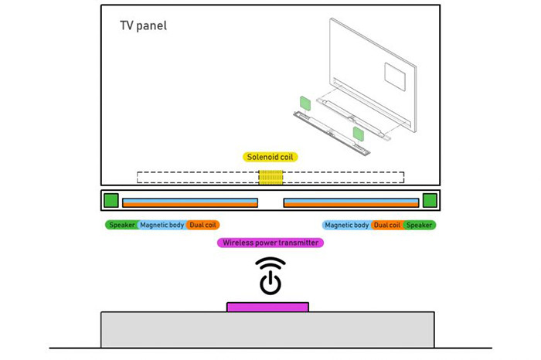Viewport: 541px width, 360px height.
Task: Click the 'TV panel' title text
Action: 143,25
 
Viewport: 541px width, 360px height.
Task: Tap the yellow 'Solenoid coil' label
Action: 270,157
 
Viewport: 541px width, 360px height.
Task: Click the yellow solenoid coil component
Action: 270,177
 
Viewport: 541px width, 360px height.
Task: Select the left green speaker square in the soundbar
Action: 111,201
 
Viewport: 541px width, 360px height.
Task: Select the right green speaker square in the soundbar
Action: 430,201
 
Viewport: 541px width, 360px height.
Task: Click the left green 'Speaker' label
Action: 121,225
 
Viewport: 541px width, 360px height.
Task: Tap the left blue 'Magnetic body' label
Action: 162,225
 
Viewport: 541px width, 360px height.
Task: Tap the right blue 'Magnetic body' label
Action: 347,225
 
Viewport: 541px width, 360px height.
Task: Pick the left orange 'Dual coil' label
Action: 203,225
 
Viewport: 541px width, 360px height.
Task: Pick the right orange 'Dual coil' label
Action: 386,225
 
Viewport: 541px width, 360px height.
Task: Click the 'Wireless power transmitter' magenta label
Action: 270,243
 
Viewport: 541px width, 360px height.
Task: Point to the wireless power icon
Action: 270,276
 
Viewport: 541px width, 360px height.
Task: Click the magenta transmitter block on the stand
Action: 267,307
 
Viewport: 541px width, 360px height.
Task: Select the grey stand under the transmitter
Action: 267,330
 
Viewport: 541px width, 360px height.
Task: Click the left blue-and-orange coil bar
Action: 189,202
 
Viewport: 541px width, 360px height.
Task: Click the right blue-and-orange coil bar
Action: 351,202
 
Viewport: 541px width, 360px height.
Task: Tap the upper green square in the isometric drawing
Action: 305,103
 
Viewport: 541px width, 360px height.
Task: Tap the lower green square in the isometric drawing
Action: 359,134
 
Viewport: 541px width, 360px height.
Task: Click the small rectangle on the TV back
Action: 394,74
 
